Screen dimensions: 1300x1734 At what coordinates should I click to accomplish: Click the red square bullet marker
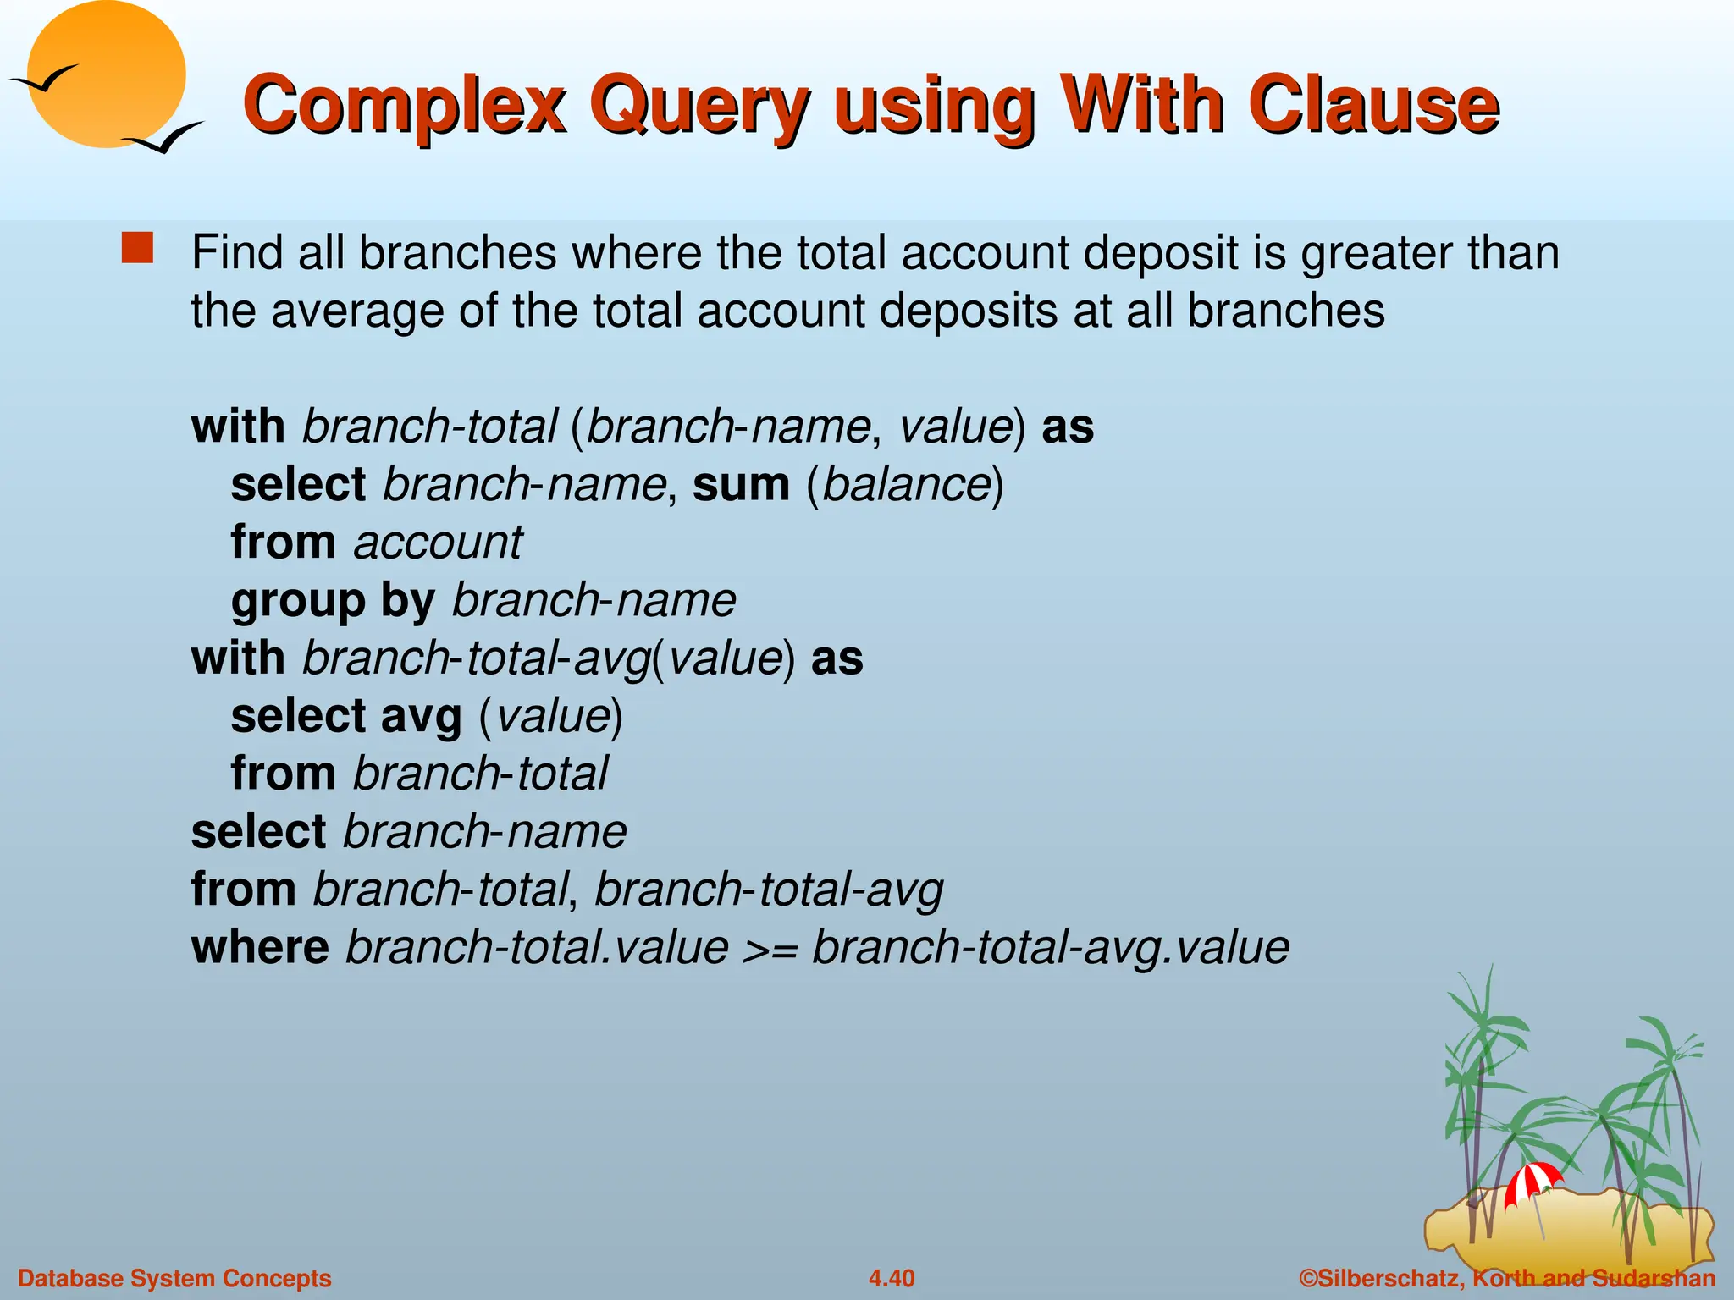point(137,249)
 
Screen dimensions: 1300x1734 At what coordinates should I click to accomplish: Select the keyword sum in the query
point(741,484)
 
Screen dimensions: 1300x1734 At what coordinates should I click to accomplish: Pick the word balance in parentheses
point(906,484)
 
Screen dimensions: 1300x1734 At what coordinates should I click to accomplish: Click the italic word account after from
point(438,542)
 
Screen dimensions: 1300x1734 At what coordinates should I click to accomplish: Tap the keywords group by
point(333,601)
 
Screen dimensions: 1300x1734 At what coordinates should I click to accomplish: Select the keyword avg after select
point(421,716)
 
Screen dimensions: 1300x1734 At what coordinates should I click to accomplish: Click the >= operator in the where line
point(770,948)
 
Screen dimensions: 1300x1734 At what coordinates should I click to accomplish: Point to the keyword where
point(260,947)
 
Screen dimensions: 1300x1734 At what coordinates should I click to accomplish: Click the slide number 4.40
point(891,1278)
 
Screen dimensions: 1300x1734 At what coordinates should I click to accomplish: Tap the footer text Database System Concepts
point(174,1278)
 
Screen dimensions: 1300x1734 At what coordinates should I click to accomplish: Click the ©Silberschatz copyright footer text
point(1507,1278)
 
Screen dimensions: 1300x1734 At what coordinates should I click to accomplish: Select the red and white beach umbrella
point(1532,1182)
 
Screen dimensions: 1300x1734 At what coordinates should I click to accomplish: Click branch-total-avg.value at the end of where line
point(1050,947)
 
